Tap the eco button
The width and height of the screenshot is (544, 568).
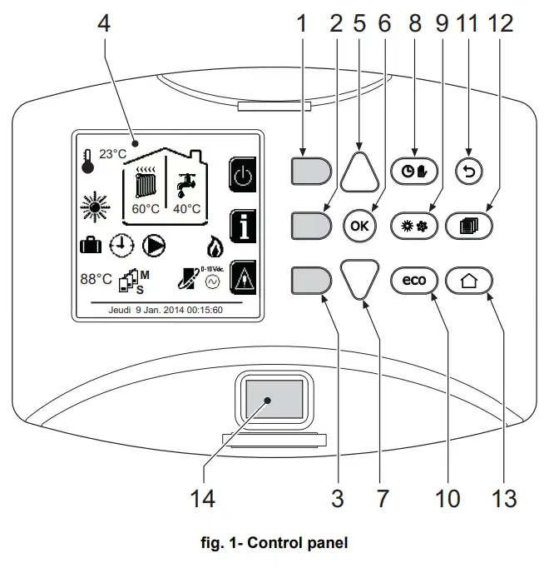[413, 281]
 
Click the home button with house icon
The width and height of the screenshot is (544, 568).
[470, 281]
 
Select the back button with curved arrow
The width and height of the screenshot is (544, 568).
[470, 171]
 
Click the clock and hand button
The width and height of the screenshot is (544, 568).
[413, 171]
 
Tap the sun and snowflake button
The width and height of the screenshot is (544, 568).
[413, 226]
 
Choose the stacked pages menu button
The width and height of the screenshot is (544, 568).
[470, 226]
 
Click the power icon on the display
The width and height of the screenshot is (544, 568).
[240, 177]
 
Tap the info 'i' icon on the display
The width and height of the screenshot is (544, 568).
[240, 227]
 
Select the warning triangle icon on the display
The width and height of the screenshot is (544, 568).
[240, 277]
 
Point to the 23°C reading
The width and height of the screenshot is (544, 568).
[112, 154]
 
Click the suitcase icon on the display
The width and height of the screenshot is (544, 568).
[89, 245]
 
